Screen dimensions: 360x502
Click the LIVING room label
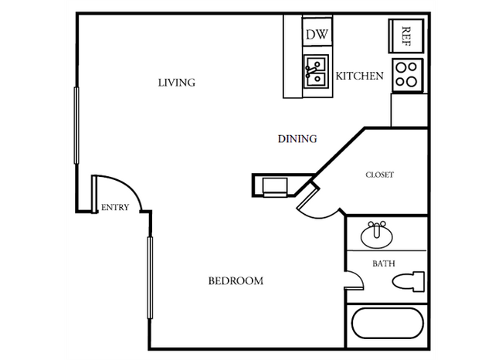point(176,83)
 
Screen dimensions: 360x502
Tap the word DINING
point(297,139)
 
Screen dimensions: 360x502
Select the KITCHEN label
point(359,76)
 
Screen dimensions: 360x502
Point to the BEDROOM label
point(236,281)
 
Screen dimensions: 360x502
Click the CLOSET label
point(379,175)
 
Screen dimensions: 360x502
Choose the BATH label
point(384,263)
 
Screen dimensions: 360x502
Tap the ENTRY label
point(115,207)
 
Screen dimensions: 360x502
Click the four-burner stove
point(406,75)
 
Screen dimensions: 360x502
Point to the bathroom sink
point(376,233)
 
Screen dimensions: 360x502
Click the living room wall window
point(76,124)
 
